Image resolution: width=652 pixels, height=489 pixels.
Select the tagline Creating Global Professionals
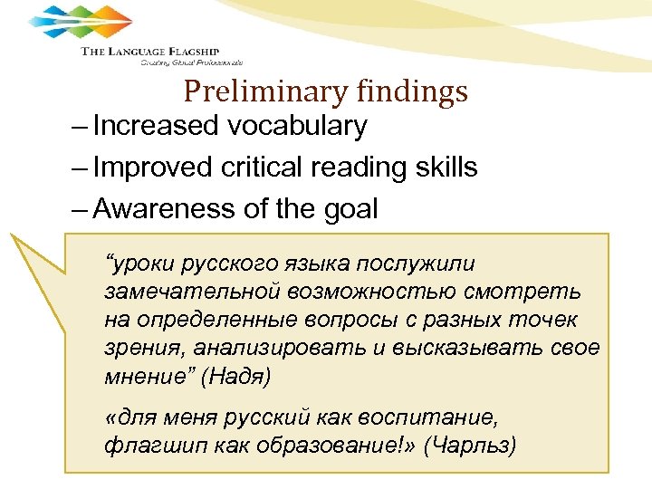click(191, 62)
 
